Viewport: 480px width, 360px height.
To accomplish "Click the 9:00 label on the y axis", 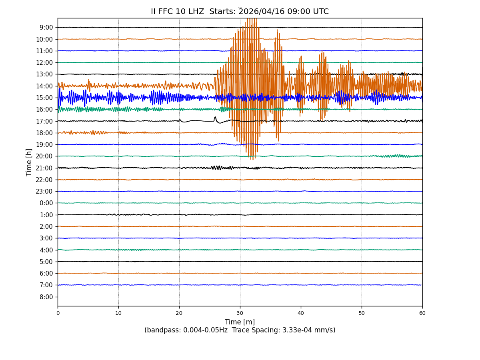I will point(46,28).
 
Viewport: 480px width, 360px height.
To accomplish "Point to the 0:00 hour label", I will point(46,203).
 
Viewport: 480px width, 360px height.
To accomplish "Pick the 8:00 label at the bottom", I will point(46,297).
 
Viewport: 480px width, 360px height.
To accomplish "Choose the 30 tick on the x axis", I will point(240,313).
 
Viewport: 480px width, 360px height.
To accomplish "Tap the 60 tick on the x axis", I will point(422,313).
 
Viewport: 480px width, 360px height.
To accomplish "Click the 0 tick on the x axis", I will point(58,313).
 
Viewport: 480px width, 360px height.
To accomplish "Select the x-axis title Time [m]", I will point(240,322).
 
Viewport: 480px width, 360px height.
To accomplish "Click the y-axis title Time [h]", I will point(29,162).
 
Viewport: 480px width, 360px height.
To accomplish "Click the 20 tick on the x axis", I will point(179,313).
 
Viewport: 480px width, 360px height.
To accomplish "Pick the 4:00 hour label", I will point(46,250).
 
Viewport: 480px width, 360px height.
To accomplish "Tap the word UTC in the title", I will point(320,12).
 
